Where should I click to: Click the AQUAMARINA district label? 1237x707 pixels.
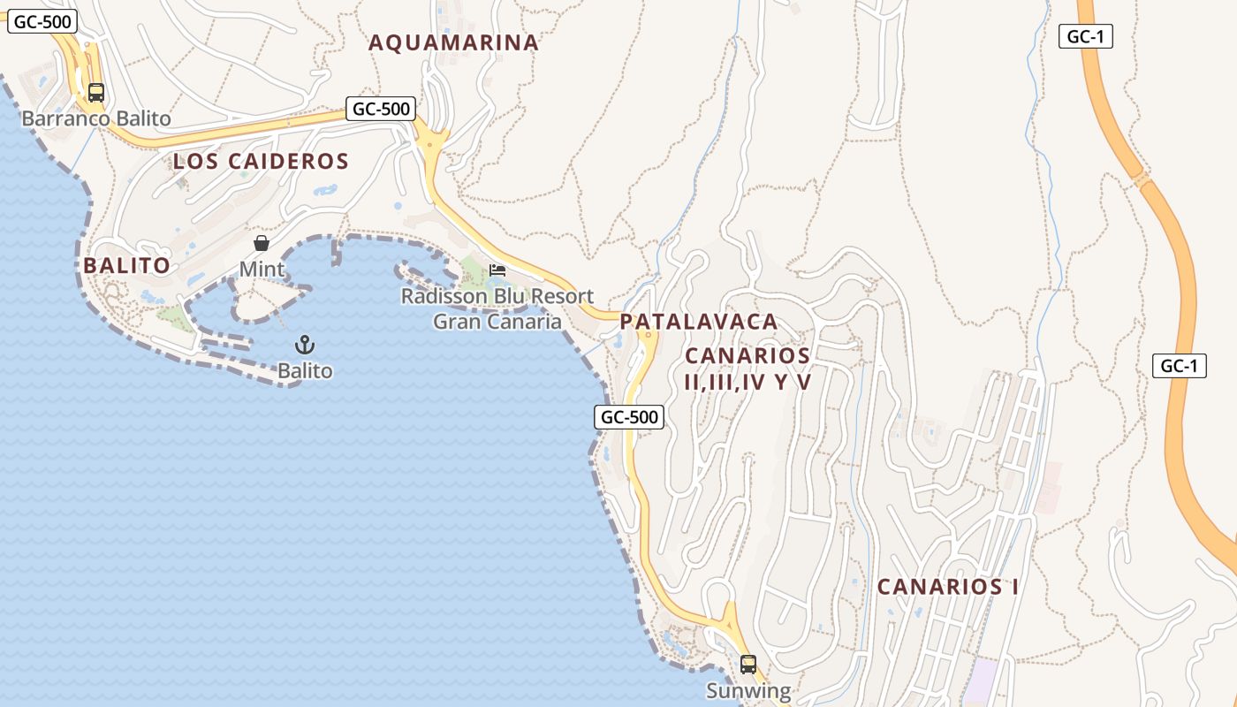coord(453,42)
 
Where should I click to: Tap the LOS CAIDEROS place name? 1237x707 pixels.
coord(261,162)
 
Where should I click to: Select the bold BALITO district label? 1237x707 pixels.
coord(126,266)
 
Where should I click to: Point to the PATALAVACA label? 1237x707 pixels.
coord(698,322)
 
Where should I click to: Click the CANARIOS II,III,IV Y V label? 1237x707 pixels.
coord(748,369)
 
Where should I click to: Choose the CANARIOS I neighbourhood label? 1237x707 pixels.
coord(948,587)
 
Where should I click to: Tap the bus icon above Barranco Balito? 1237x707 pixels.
coord(96,92)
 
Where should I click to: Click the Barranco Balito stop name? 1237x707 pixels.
coord(96,118)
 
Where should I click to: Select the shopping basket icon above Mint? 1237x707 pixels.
coord(262,243)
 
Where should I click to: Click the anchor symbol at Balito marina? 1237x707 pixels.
coord(305,345)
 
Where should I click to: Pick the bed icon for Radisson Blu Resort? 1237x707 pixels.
coord(497,270)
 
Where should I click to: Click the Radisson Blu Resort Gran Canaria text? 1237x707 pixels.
coord(497,308)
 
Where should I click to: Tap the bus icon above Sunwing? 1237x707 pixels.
coord(748,664)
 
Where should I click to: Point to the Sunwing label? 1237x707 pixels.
coord(748,690)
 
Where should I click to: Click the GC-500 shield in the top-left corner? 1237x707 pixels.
coord(42,22)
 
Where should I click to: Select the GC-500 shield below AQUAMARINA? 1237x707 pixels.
coord(381,109)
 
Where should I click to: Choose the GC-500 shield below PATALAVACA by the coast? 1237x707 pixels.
coord(628,417)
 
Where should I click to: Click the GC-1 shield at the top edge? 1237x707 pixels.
coord(1085,36)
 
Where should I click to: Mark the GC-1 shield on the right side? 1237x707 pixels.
coord(1180,366)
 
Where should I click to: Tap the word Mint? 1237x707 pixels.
coord(262,270)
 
